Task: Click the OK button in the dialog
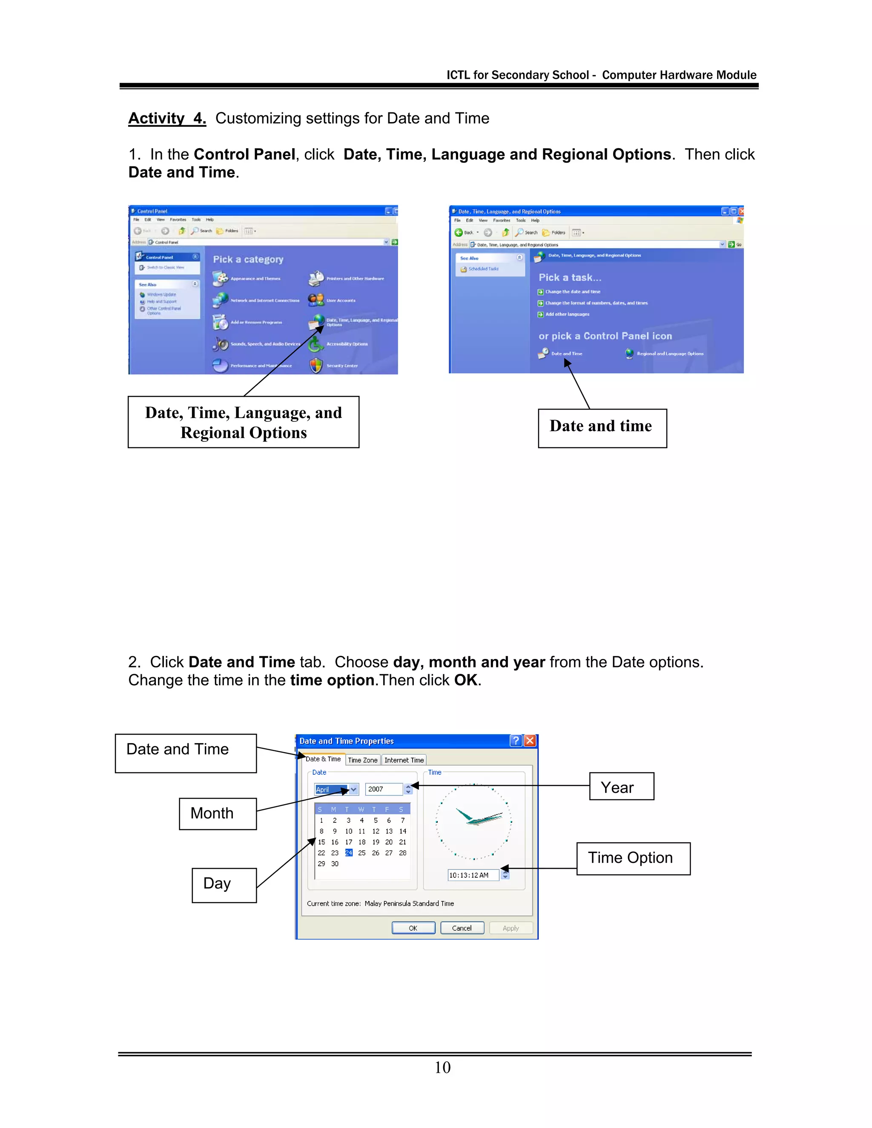[413, 928]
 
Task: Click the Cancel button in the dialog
[462, 928]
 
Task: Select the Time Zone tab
[363, 760]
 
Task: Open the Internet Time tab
[404, 760]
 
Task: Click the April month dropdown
[336, 790]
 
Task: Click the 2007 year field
[383, 789]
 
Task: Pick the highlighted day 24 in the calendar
[349, 853]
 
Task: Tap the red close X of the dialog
[530, 741]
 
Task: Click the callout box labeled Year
[622, 787]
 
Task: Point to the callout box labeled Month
[218, 813]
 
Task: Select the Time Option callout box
[633, 859]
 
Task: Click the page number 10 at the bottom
[442, 1068]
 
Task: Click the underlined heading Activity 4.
[167, 118]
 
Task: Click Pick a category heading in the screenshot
[248, 259]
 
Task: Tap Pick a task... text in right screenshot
[570, 278]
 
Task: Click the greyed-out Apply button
[511, 928]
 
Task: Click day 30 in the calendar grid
[335, 864]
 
